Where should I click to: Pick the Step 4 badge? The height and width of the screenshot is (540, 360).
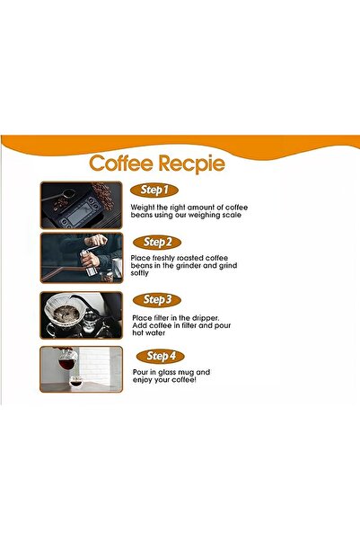click(162, 356)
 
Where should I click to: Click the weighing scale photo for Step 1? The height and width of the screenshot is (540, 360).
click(81, 204)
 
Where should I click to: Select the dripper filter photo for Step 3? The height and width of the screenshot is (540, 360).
click(81, 314)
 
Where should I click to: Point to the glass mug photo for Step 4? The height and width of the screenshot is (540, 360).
click(81, 370)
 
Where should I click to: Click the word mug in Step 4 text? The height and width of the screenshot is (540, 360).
click(196, 372)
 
